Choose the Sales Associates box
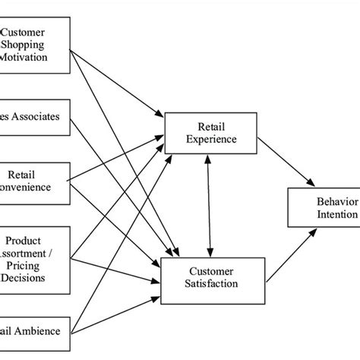(x=33, y=118)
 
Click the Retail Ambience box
(x=33, y=330)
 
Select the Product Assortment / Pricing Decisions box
(x=33, y=257)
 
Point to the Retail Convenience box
(x=33, y=182)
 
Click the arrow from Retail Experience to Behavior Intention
(x=286, y=163)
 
